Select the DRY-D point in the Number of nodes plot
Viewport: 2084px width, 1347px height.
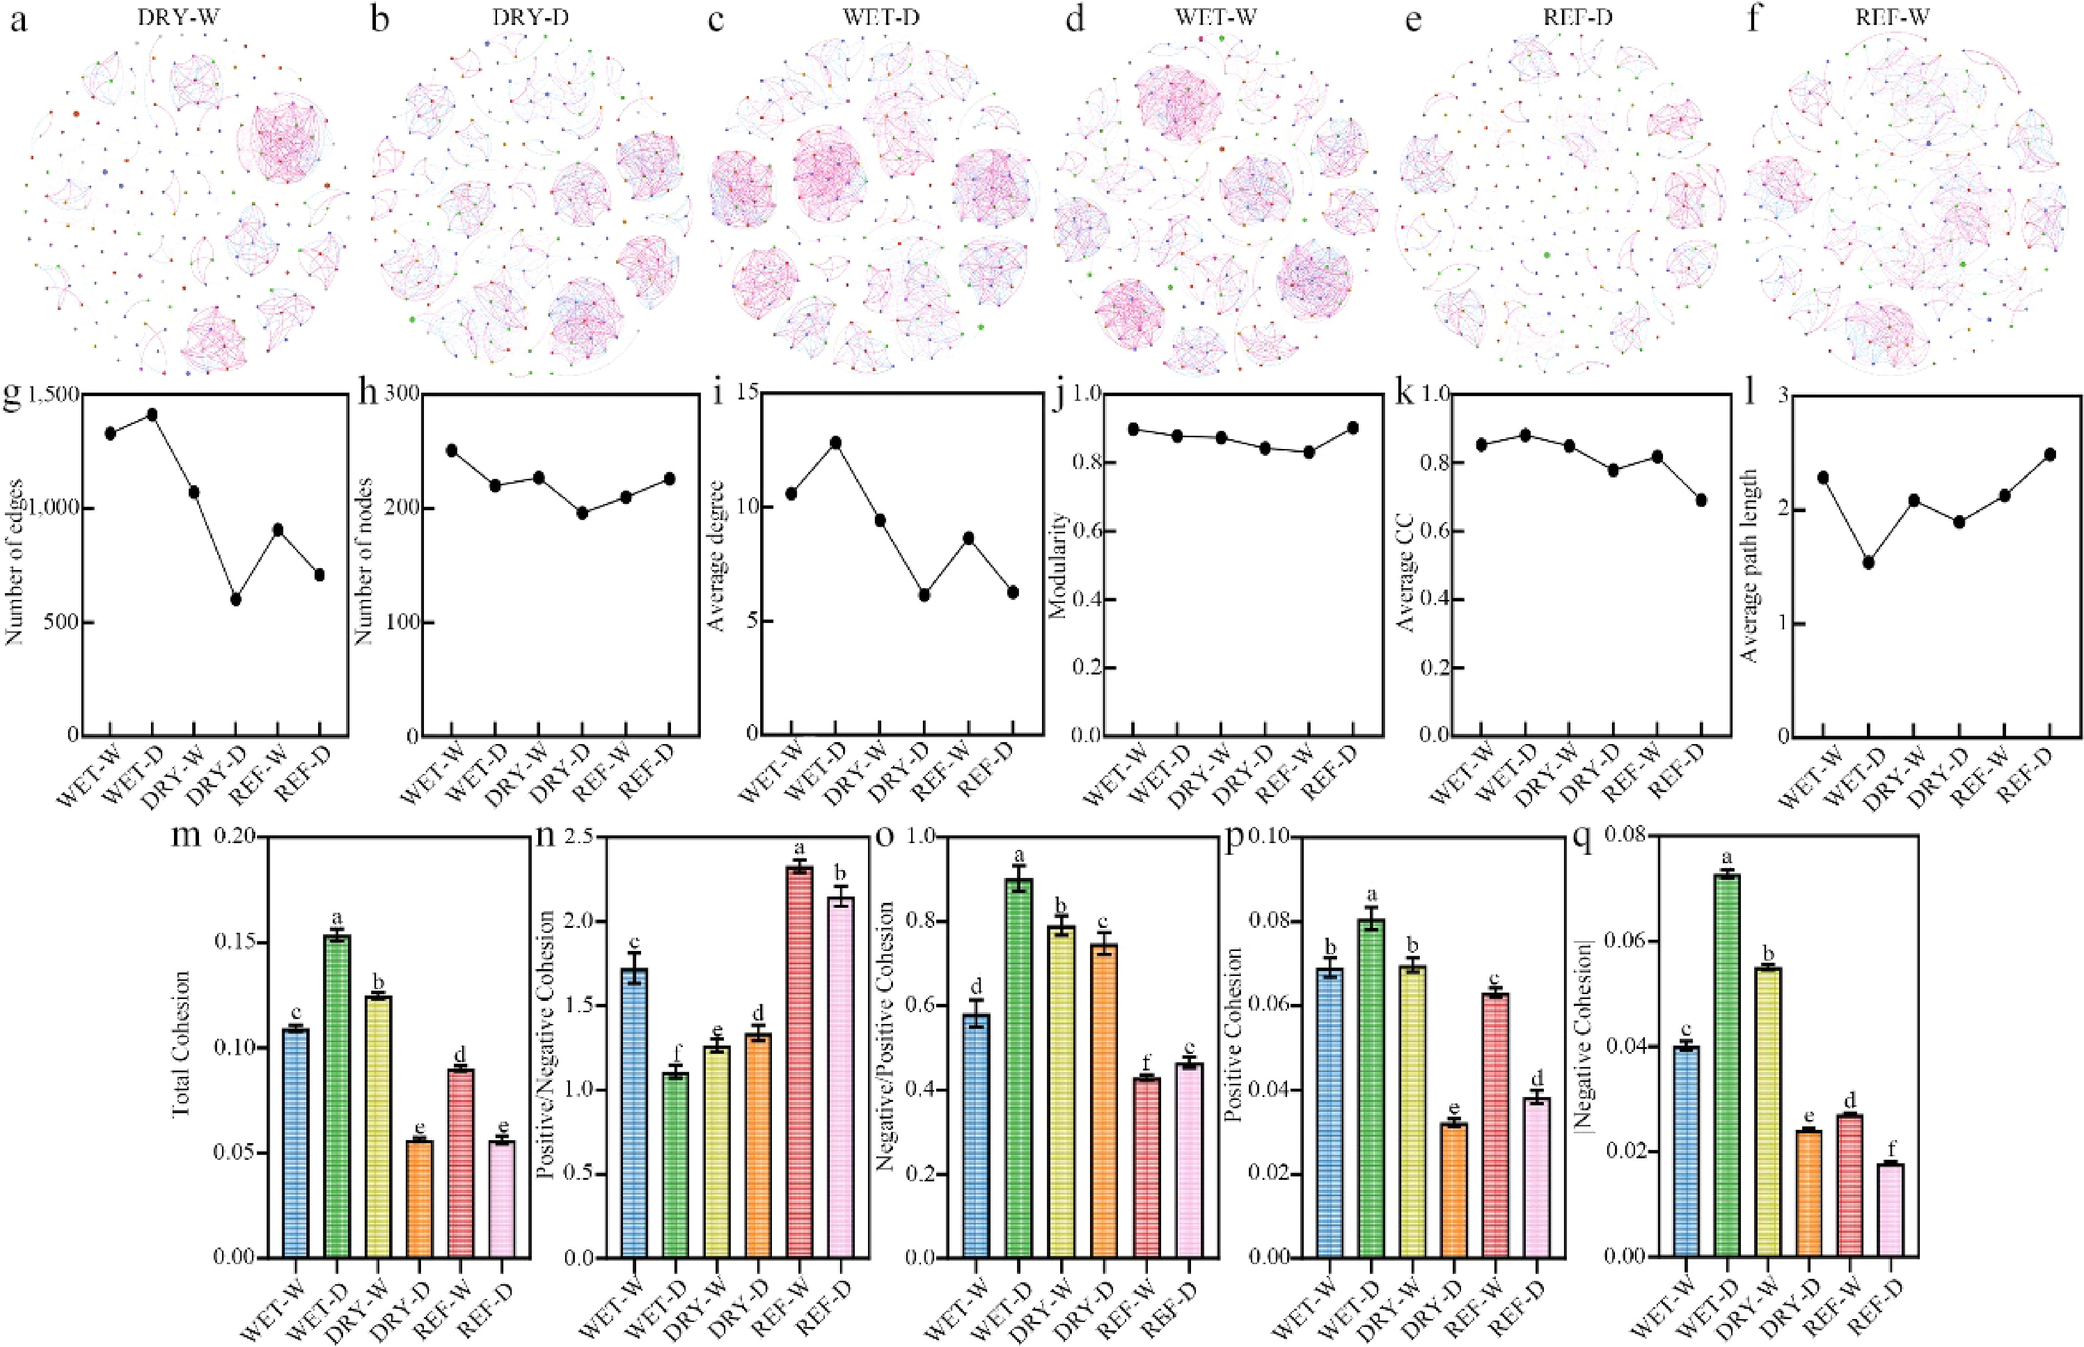pyautogui.click(x=582, y=513)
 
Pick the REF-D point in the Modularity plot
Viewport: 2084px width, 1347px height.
pyautogui.click(x=1352, y=428)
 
